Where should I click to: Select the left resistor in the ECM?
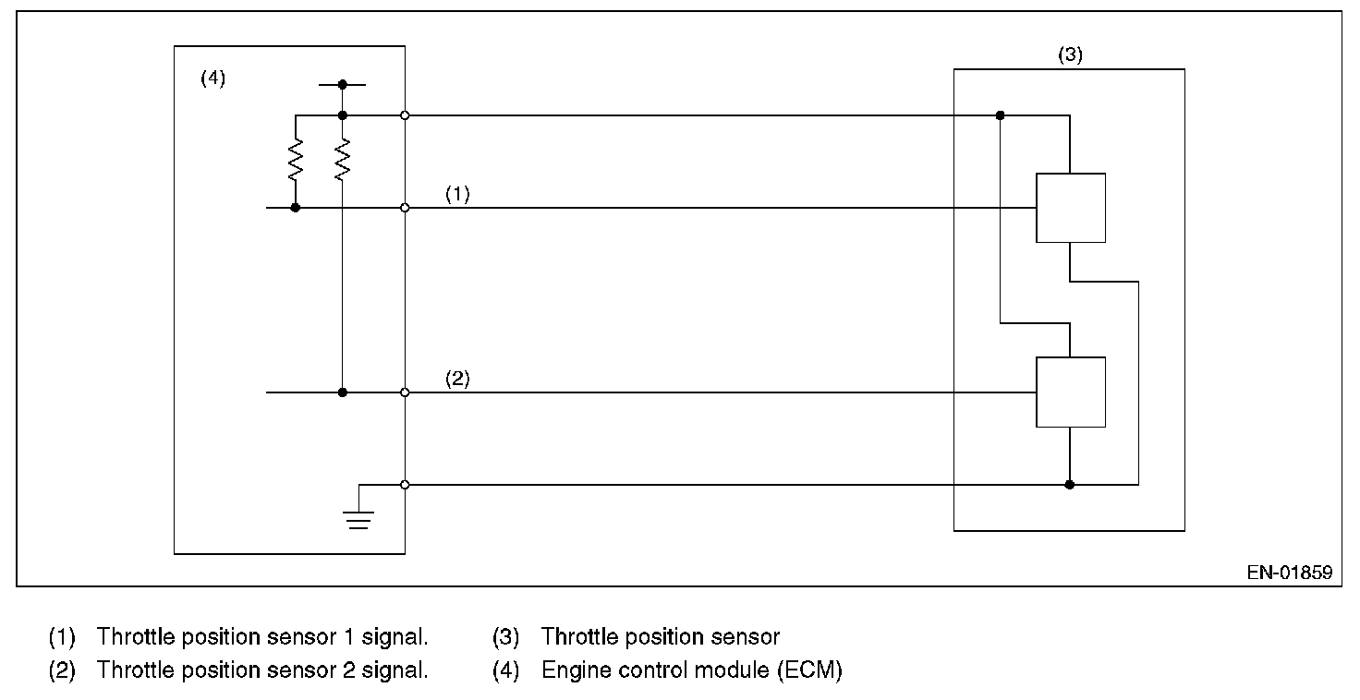pyautogui.click(x=296, y=160)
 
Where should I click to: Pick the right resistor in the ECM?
pyautogui.click(x=343, y=160)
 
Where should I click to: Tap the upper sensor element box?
pyautogui.click(x=1070, y=208)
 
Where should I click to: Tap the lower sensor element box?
pyautogui.click(x=1070, y=392)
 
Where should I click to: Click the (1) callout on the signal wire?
pyautogui.click(x=457, y=195)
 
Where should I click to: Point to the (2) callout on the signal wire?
pyautogui.click(x=457, y=380)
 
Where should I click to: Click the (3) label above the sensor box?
pyautogui.click(x=1070, y=54)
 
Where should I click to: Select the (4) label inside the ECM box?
pyautogui.click(x=212, y=78)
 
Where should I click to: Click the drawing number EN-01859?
pyautogui.click(x=1289, y=573)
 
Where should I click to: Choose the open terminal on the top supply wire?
pyautogui.click(x=405, y=115)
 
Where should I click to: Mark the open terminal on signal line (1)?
pyautogui.click(x=405, y=208)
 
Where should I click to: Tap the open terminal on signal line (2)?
pyautogui.click(x=405, y=392)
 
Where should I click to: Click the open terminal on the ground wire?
pyautogui.click(x=405, y=484)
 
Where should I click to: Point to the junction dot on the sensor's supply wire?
pyautogui.click(x=1000, y=115)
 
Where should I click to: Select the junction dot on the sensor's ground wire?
pyautogui.click(x=1069, y=484)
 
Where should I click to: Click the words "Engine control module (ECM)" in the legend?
pyautogui.click(x=691, y=670)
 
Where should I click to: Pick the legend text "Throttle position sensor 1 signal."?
pyautogui.click(x=262, y=637)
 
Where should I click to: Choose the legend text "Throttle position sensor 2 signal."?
pyautogui.click(x=262, y=670)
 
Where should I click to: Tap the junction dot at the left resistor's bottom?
pyautogui.click(x=296, y=208)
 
